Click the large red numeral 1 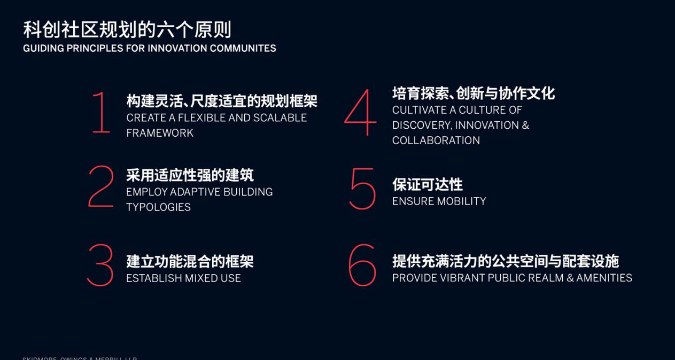101,113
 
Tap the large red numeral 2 101,186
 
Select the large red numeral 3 100,265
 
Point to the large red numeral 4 361,113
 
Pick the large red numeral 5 363,189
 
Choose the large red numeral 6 362,265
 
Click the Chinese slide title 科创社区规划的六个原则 127,29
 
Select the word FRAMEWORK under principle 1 160,133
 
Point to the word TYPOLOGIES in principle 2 158,207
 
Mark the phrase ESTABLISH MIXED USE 183,278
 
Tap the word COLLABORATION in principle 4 436,140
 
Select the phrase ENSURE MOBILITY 439,201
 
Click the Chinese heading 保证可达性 427,185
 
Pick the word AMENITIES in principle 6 604,278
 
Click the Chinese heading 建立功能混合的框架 190,262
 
